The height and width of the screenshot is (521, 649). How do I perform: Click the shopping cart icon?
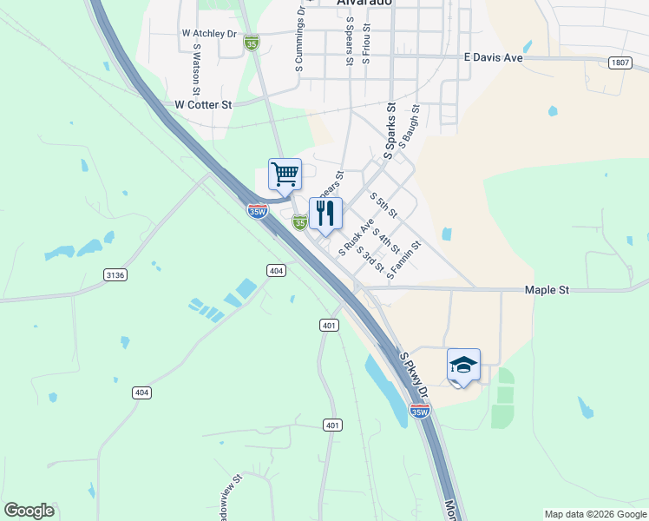pos(285,175)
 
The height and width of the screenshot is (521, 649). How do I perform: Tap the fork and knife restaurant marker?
pos(325,214)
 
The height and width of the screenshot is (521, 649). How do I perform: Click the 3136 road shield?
pos(115,274)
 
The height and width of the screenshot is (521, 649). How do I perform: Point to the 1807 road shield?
pos(619,63)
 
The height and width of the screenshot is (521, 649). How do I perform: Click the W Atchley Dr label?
pos(209,34)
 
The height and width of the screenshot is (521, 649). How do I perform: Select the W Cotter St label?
pos(204,104)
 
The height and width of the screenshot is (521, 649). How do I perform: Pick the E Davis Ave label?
pos(493,57)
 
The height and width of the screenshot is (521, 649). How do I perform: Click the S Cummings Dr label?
pos(300,43)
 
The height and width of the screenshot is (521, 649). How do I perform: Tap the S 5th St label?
pos(383,205)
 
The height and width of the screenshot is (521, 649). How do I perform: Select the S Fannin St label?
pos(404,260)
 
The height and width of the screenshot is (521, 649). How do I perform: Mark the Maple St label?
pos(547,290)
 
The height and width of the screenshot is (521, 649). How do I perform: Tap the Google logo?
pos(29,511)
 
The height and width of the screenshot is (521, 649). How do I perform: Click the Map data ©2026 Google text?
pos(594,514)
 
